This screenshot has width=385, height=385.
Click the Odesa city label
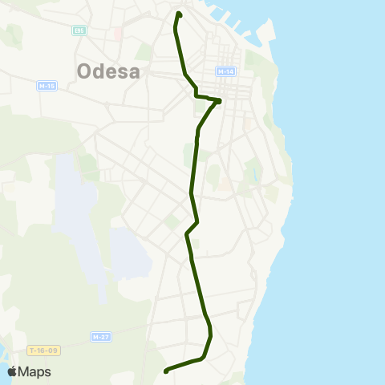(x=108, y=71)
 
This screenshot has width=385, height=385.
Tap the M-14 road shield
(x=225, y=71)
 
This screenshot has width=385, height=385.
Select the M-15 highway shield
(x=47, y=86)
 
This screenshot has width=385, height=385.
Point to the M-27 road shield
(x=100, y=337)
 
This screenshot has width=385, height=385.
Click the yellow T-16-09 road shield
(x=44, y=351)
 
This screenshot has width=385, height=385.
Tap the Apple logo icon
(x=12, y=371)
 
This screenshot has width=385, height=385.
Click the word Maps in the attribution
(x=34, y=371)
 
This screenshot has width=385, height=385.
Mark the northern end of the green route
(x=179, y=14)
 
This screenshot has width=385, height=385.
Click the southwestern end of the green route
(x=166, y=371)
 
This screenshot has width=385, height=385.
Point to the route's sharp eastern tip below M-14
(x=219, y=101)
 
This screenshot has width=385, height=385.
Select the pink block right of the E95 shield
(x=118, y=34)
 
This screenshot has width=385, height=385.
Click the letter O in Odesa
(x=85, y=71)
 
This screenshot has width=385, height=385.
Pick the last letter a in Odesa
(x=134, y=71)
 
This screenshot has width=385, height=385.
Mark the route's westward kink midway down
(x=187, y=234)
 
